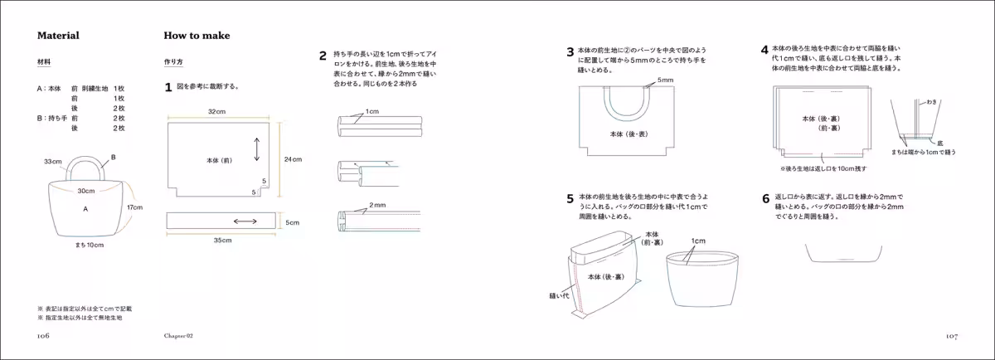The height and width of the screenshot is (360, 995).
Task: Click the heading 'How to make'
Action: [197, 36]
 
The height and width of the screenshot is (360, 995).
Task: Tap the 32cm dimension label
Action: [217, 111]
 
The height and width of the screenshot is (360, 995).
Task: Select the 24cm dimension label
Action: [293, 158]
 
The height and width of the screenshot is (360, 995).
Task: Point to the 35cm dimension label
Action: [223, 240]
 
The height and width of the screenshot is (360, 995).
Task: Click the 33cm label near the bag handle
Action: [53, 162]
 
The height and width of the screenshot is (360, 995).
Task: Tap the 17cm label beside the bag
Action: [134, 207]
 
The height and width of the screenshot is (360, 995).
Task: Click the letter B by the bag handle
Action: [113, 157]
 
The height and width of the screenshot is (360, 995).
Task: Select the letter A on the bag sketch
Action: [85, 210]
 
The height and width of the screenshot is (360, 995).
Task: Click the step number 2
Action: [323, 56]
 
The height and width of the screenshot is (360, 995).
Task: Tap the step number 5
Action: [570, 199]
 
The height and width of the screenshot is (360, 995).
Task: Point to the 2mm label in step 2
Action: [377, 204]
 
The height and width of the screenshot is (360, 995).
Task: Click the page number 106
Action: [43, 336]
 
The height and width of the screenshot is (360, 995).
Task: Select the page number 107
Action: [951, 336]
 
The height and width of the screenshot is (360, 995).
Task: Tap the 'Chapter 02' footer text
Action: [178, 336]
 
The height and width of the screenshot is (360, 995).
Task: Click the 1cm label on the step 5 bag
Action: [698, 241]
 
